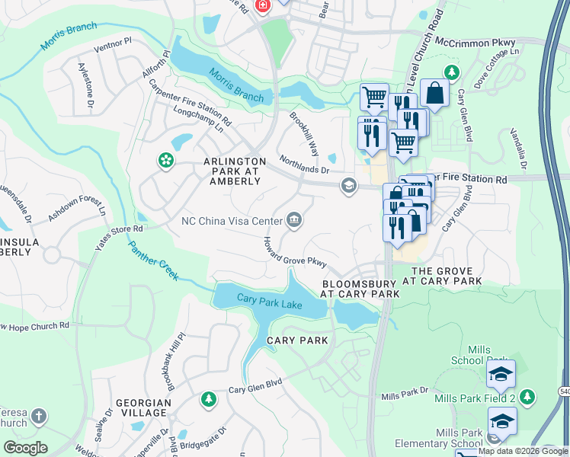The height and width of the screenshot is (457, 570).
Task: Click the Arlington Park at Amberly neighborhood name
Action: click(x=234, y=171)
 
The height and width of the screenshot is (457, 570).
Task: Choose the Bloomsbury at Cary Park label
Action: click(x=360, y=288)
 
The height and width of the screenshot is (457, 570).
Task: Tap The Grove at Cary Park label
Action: click(x=447, y=276)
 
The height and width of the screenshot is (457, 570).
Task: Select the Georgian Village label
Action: click(x=141, y=407)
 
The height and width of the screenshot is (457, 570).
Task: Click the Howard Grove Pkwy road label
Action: click(x=295, y=252)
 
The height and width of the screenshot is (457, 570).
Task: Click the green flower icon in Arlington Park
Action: click(x=165, y=160)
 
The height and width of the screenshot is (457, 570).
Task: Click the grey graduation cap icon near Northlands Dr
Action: click(x=349, y=186)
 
